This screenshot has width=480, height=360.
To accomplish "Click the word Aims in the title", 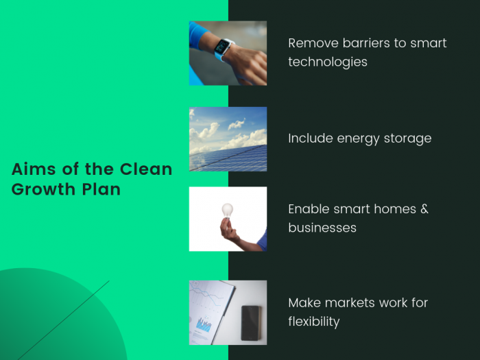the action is click(x=34, y=169).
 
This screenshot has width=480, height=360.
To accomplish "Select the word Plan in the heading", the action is click(x=101, y=189).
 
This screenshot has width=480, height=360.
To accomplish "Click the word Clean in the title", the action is click(x=146, y=169).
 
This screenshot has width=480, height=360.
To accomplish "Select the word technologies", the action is click(x=328, y=62).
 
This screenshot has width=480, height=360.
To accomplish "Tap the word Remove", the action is click(x=313, y=43).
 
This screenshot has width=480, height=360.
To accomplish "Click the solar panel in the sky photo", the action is click(x=228, y=159).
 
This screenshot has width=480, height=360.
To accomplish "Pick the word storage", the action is click(x=407, y=139).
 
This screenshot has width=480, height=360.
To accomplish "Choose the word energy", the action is click(x=358, y=139).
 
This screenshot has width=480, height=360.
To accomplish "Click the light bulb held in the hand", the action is click(x=227, y=211).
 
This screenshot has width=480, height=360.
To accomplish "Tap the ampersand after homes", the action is click(x=424, y=209).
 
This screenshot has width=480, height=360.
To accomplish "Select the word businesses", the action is click(x=322, y=228).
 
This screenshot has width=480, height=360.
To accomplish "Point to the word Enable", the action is click(x=309, y=209).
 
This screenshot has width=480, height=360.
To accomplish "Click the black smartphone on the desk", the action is click(x=251, y=323).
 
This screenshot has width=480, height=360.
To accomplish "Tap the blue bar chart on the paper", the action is click(x=204, y=324).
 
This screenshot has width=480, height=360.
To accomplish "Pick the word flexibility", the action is click(x=314, y=322).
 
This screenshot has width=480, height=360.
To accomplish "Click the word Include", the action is click(x=311, y=139).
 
